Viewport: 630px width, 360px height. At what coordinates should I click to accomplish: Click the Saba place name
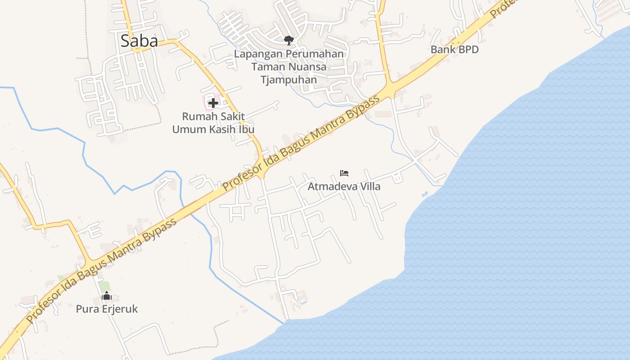(139, 41)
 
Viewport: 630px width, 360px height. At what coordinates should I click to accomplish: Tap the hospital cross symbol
(213, 103)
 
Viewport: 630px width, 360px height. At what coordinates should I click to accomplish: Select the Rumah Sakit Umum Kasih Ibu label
(213, 123)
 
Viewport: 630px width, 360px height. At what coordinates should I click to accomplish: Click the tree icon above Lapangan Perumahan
(288, 40)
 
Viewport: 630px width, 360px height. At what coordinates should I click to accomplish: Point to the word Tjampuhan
(288, 80)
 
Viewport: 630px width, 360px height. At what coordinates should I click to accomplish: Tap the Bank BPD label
(454, 49)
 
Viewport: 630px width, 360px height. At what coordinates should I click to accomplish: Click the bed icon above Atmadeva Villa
(344, 173)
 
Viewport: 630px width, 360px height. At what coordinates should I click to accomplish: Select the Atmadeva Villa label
(344, 186)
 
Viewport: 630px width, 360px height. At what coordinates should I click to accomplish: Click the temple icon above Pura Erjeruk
(107, 296)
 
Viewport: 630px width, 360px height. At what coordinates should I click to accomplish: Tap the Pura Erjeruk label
(107, 309)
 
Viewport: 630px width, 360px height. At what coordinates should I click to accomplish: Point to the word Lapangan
(258, 54)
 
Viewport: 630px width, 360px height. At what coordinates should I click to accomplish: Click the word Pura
(85, 309)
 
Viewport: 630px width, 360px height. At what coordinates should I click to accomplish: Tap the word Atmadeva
(331, 186)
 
